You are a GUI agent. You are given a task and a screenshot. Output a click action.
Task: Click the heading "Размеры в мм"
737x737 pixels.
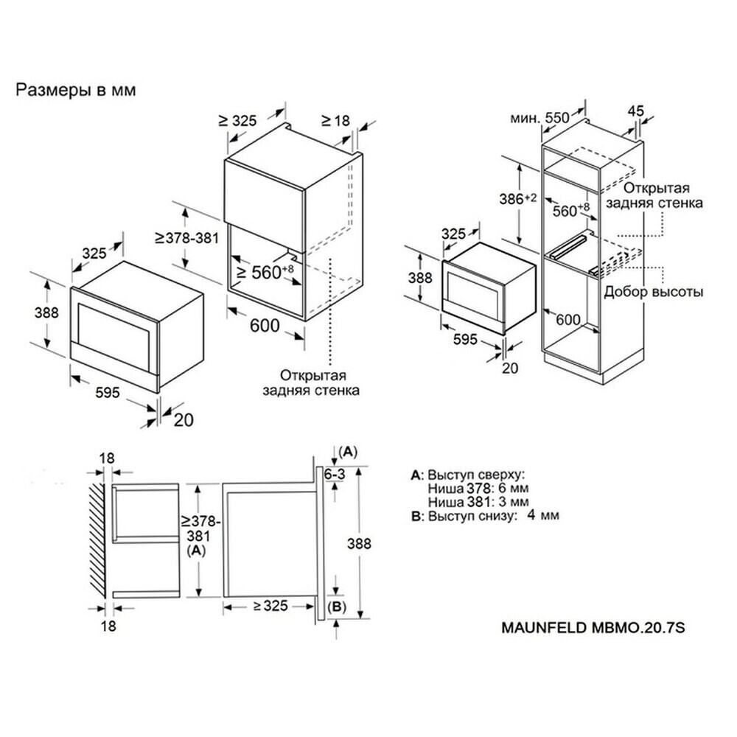(77, 91)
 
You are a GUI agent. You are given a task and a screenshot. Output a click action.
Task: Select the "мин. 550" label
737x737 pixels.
(540, 117)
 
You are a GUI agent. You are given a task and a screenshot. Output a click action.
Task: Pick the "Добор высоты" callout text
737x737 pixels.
(653, 292)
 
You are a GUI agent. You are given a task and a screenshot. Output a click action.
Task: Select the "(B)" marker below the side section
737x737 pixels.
(335, 607)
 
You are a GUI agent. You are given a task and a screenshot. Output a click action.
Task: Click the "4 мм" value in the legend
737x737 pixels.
(544, 515)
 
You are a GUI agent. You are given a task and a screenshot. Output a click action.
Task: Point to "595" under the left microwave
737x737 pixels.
(108, 394)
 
